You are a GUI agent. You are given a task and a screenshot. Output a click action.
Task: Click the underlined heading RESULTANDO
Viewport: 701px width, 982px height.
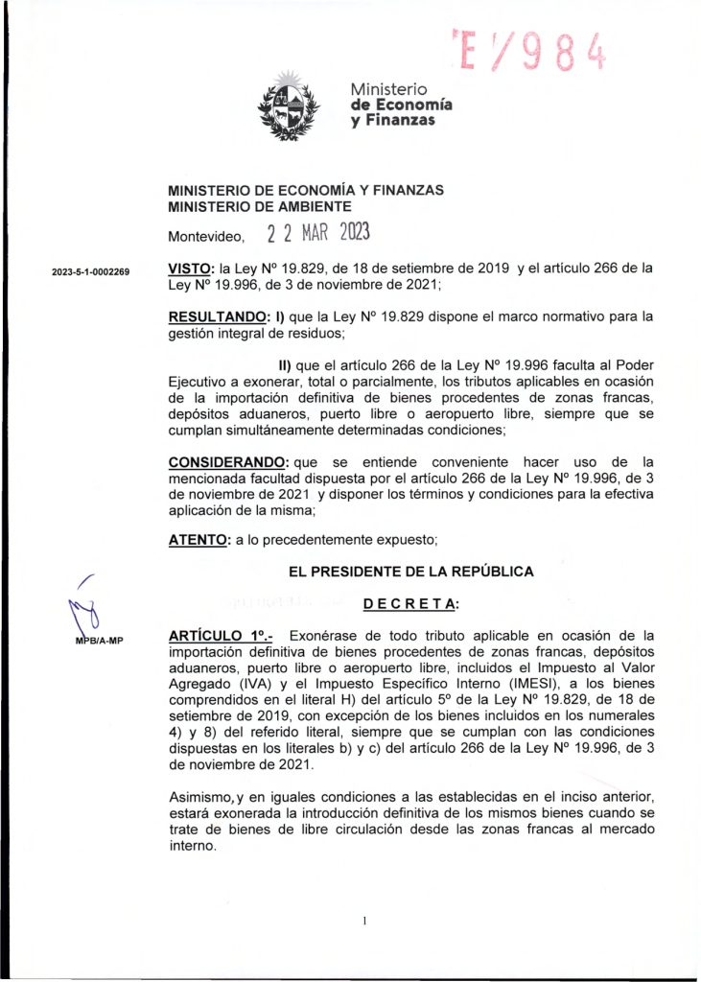218,316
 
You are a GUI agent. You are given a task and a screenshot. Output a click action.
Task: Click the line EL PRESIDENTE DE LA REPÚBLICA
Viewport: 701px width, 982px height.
410,572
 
